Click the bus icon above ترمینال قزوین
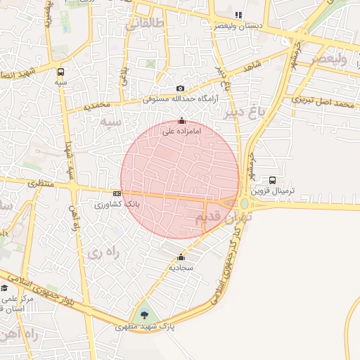pos(272,179)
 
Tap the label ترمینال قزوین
pos(282,191)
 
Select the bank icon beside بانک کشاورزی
pos(117,193)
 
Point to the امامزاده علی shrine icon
pos(183,120)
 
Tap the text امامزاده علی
pos(182,131)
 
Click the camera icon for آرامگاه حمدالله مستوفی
pos(181,88)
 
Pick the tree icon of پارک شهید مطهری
pos(145,314)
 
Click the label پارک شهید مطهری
pos(147,327)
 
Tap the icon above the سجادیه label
pos(181,257)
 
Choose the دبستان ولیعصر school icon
pos(238,14)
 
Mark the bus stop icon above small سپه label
pos(61,72)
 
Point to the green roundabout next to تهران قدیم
pos(244,204)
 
